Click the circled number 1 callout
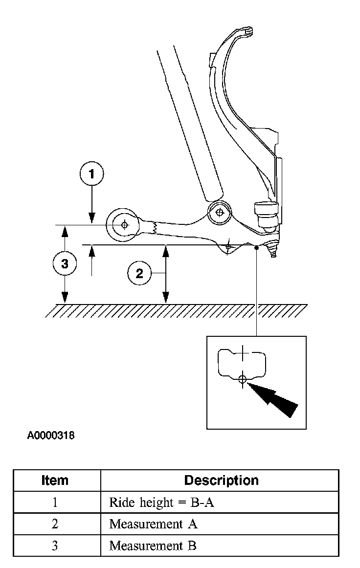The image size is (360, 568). [91, 174]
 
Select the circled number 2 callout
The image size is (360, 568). [139, 273]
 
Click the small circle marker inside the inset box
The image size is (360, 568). [242, 378]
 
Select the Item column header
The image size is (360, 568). [55, 480]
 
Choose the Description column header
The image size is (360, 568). [221, 480]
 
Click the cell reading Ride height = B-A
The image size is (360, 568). [162, 502]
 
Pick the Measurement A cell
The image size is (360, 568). [153, 524]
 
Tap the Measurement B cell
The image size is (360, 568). [153, 546]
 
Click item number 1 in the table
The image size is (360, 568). [55, 502]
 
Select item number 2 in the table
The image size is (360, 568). [55, 524]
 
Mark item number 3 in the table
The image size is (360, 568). [55, 546]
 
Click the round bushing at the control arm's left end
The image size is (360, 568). [123, 225]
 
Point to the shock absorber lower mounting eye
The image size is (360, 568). [219, 213]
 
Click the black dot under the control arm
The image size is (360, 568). [257, 248]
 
